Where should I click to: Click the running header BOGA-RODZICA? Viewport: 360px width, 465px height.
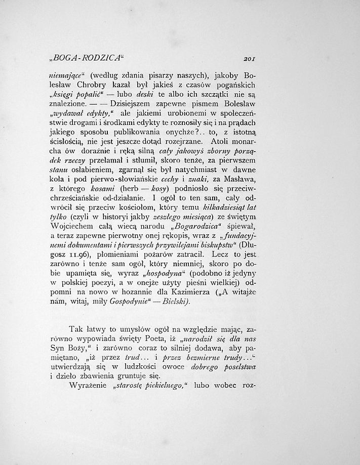pos(75,56)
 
